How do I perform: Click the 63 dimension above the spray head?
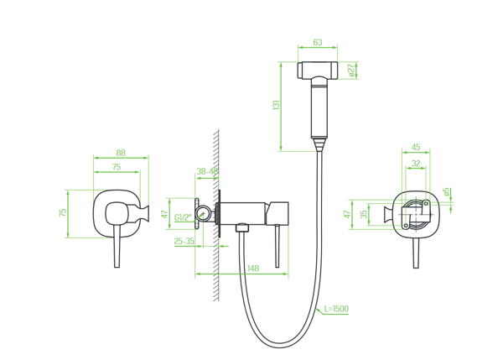pyautogui.click(x=317, y=42)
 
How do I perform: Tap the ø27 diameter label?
pyautogui.click(x=351, y=70)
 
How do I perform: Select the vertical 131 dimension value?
pyautogui.click(x=276, y=106)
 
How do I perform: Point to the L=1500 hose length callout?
pyautogui.click(x=336, y=309)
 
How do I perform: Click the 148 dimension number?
pyautogui.click(x=253, y=269)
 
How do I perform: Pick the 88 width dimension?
pyautogui.click(x=121, y=153)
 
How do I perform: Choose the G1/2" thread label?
pyautogui.click(x=183, y=217)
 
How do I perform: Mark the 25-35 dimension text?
pyautogui.click(x=184, y=241)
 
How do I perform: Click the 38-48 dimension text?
pyautogui.click(x=207, y=171)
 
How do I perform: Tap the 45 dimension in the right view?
pyautogui.click(x=416, y=147)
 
